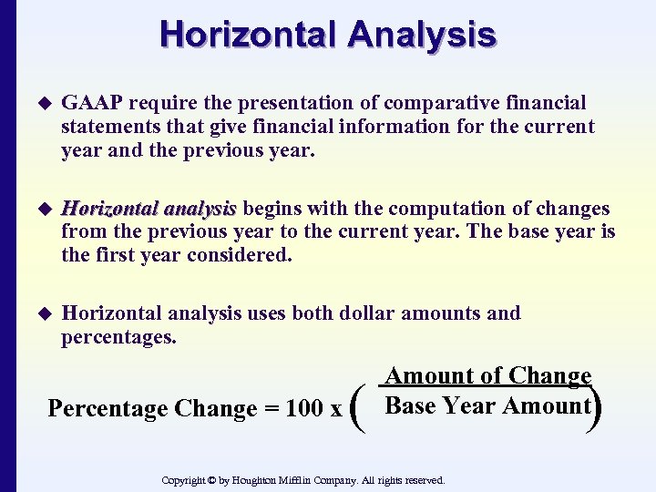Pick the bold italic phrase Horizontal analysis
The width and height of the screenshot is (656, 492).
tap(149, 209)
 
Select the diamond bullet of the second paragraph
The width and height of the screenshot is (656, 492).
tap(39, 210)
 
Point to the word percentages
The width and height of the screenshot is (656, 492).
tap(118, 337)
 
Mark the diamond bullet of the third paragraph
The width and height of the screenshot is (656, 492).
tap(39, 314)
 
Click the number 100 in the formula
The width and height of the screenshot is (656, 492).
tap(304, 409)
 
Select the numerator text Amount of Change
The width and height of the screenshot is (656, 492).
tap(488, 376)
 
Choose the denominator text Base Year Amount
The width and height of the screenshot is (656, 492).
tap(488, 405)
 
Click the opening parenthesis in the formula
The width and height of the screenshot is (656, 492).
tap(355, 408)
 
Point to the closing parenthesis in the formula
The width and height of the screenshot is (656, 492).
tap(597, 404)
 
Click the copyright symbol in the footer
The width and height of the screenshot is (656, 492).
tap(211, 480)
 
